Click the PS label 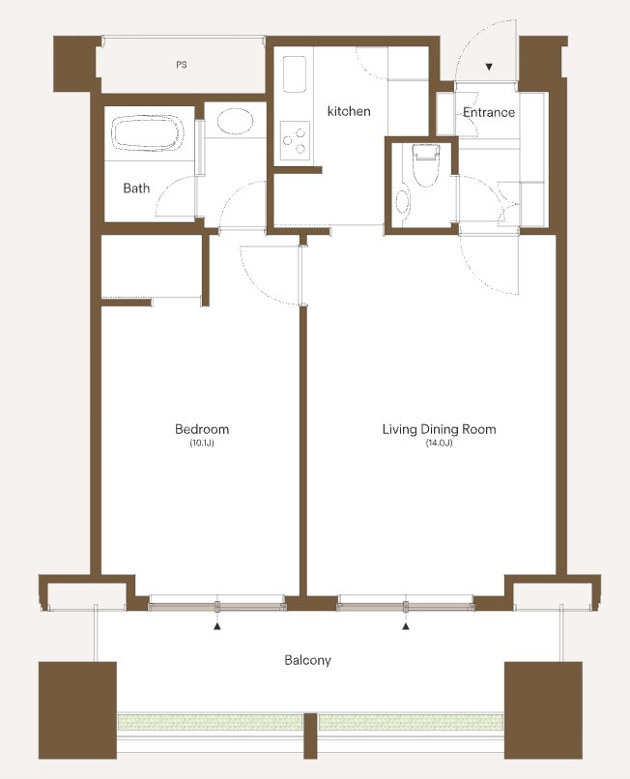click(182, 65)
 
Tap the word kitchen click(349, 111)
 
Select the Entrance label click(489, 112)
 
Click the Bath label click(136, 188)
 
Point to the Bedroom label click(202, 429)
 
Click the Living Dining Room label click(440, 429)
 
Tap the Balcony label click(307, 660)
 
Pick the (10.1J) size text click(202, 443)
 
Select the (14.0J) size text click(440, 443)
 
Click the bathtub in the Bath click(148, 133)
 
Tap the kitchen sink click(294, 73)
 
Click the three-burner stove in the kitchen click(295, 140)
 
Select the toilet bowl click(426, 165)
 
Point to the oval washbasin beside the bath click(235, 121)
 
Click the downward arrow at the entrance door click(489, 67)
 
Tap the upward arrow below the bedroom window click(217, 626)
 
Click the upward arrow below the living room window click(406, 626)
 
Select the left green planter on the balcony click(211, 722)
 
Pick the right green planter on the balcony click(411, 722)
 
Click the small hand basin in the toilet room click(403, 202)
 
